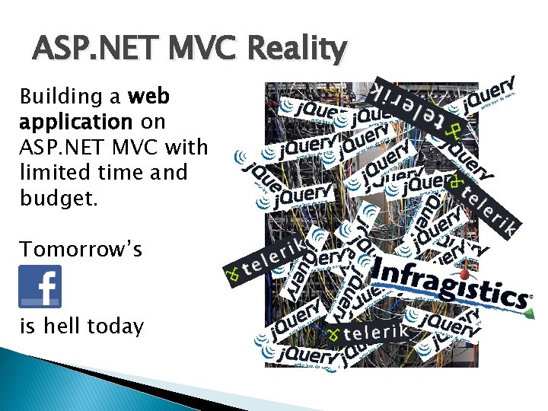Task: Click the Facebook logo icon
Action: click(x=40, y=286)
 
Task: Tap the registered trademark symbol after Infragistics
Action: click(x=530, y=298)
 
